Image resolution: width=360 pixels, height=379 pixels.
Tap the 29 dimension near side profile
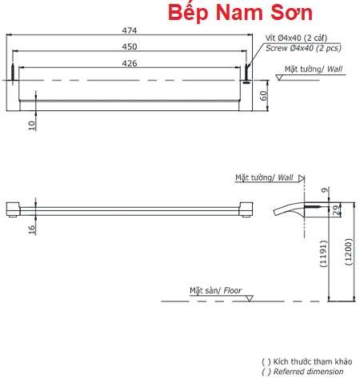[335, 209]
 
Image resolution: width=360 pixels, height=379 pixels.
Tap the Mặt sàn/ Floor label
[215, 290]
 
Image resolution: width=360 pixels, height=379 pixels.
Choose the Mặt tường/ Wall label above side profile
[265, 177]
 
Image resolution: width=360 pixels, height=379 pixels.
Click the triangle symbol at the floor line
[250, 297]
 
